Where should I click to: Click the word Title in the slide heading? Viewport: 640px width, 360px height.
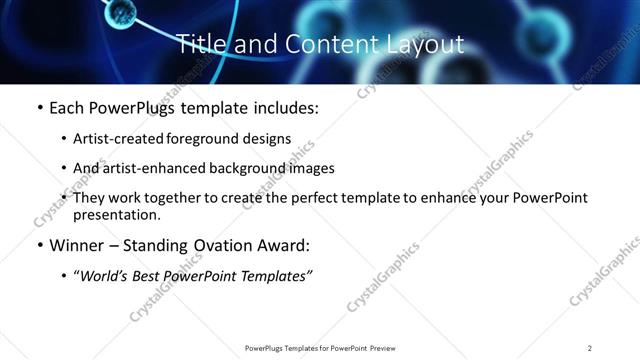[x=200, y=44]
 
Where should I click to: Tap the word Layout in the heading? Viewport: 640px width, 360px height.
[x=425, y=44]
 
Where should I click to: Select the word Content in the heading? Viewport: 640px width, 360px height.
[x=322, y=44]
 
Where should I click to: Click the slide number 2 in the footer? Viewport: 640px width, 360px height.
[x=590, y=348]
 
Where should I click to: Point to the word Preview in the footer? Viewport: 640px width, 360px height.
[x=379, y=348]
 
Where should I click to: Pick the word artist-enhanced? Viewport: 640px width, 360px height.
[x=148, y=168]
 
